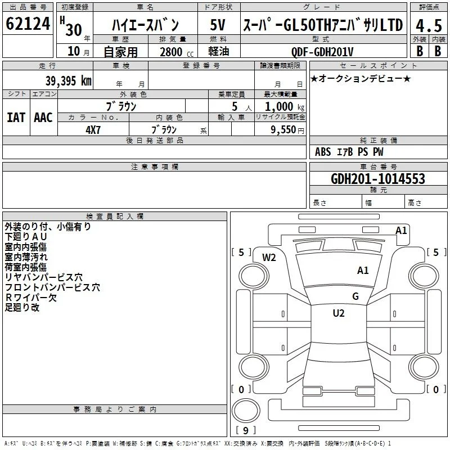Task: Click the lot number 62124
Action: pos(28,24)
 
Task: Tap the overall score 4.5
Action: pos(429,26)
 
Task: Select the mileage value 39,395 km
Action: pos(69,81)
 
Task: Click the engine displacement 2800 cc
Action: pos(177,52)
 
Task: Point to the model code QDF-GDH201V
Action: pos(322,52)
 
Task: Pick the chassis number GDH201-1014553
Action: pos(378,178)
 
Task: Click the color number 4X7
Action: pos(93,130)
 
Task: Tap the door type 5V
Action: pos(218,25)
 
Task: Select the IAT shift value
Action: pos(16,118)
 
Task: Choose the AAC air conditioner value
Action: pos(43,118)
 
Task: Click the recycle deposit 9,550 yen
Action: pos(287,130)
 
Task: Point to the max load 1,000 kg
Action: pos(285,107)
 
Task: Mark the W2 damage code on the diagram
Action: pos(269,258)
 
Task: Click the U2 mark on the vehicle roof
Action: pos(339,313)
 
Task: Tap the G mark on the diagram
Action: pos(355,296)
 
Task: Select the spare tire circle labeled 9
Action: pos(246,411)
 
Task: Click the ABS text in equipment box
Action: pos(323,152)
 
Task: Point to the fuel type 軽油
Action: pos(219,51)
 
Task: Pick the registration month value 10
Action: pos(74,51)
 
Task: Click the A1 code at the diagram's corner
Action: pos(401,231)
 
